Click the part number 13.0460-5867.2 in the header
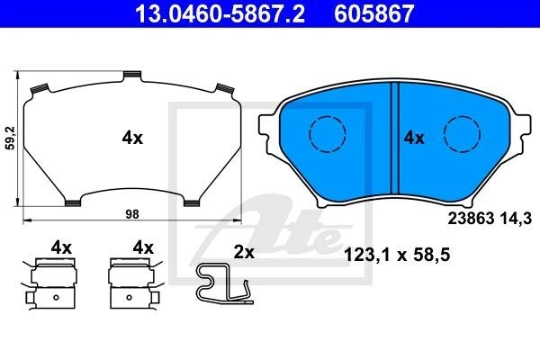220,13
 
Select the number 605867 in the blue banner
373,13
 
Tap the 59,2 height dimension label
11,138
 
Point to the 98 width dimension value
132,214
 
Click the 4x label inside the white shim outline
132,138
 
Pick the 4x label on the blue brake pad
414,138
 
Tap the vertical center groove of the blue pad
395,138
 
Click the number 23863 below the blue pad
471,219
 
